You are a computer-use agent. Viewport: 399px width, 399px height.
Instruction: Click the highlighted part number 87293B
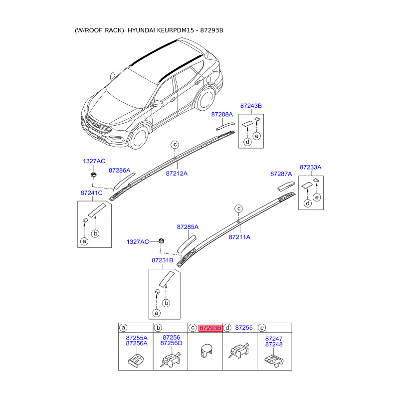[210, 328]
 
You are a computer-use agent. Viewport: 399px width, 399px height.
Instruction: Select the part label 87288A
[222, 114]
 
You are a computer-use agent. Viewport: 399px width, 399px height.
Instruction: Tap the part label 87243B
[251, 106]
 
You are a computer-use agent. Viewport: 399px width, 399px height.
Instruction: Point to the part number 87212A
[177, 174]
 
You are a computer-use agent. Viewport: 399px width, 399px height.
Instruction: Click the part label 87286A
[120, 170]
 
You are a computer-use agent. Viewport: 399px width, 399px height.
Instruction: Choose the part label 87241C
[91, 193]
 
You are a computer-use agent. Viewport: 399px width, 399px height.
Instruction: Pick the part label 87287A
[281, 174]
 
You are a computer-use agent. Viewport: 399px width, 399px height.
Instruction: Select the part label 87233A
[310, 167]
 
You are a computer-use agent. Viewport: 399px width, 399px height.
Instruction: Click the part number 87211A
[239, 237]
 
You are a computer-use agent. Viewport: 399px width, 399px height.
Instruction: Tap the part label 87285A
[188, 226]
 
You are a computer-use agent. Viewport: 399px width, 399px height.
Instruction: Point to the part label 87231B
[163, 260]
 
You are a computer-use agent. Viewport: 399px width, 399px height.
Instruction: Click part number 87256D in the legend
[171, 343]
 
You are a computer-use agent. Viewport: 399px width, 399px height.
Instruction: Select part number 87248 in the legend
[274, 344]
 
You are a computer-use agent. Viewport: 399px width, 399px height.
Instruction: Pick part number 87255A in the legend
[137, 338]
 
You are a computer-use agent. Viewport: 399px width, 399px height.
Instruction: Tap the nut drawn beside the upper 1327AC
[93, 175]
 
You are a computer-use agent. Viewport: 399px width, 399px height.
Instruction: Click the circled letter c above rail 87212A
[175, 145]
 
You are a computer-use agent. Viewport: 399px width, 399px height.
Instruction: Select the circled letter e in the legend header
[262, 328]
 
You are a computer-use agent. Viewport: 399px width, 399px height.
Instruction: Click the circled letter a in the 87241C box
[84, 241]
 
